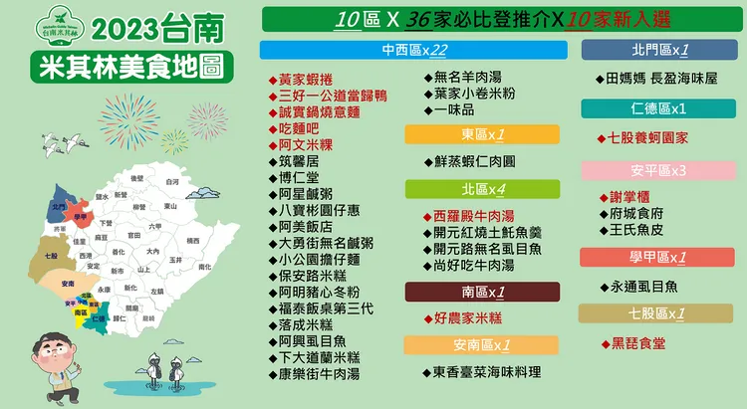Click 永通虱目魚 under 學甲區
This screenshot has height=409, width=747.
641,286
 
